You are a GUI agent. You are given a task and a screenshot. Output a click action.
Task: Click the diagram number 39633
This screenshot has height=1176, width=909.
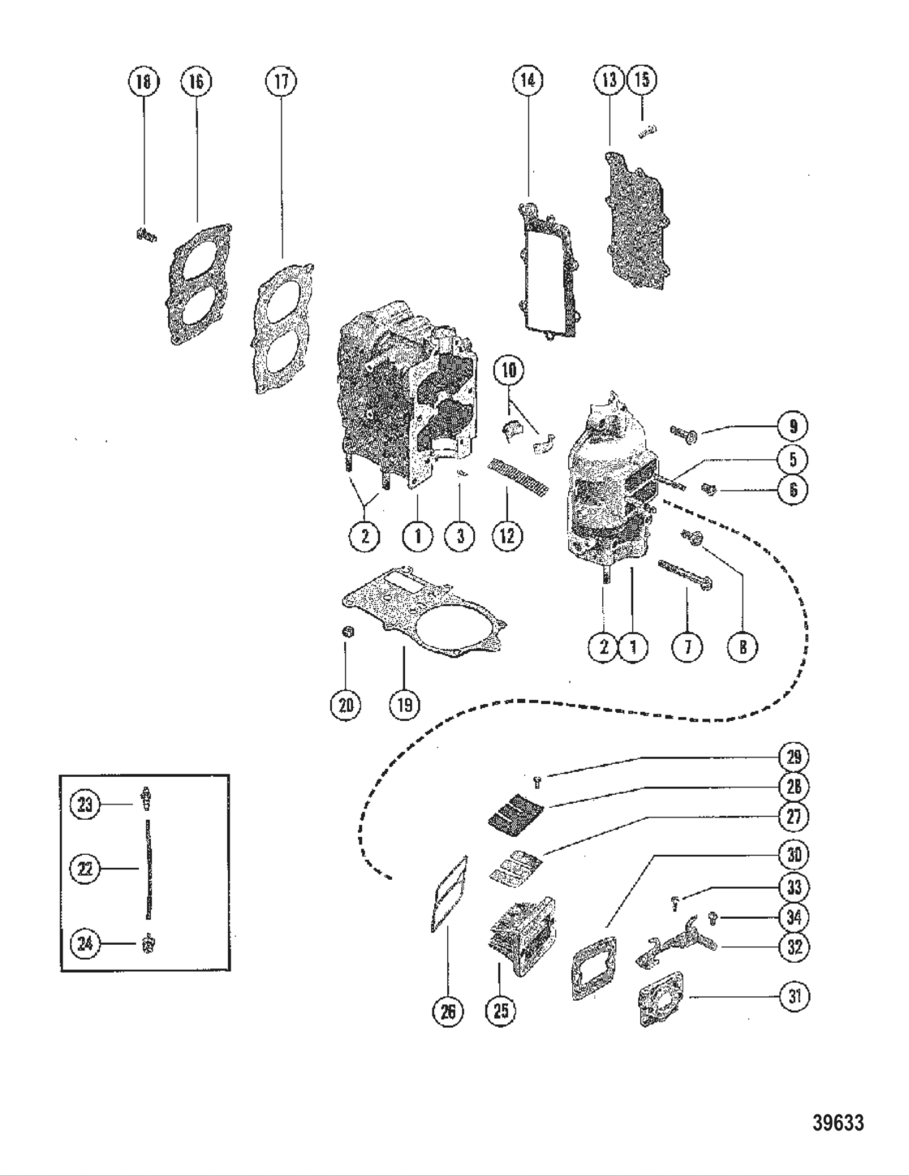click(x=838, y=1124)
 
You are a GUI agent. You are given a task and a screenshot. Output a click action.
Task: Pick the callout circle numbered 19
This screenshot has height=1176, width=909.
click(x=403, y=704)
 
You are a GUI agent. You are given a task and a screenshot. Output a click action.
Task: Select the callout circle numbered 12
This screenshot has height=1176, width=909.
click(x=506, y=536)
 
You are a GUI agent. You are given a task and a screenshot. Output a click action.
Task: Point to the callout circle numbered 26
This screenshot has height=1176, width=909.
click(x=448, y=1011)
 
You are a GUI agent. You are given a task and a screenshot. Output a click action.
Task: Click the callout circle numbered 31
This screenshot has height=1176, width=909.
click(x=795, y=997)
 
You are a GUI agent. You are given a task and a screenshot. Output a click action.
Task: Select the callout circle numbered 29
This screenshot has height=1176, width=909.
click(x=793, y=757)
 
